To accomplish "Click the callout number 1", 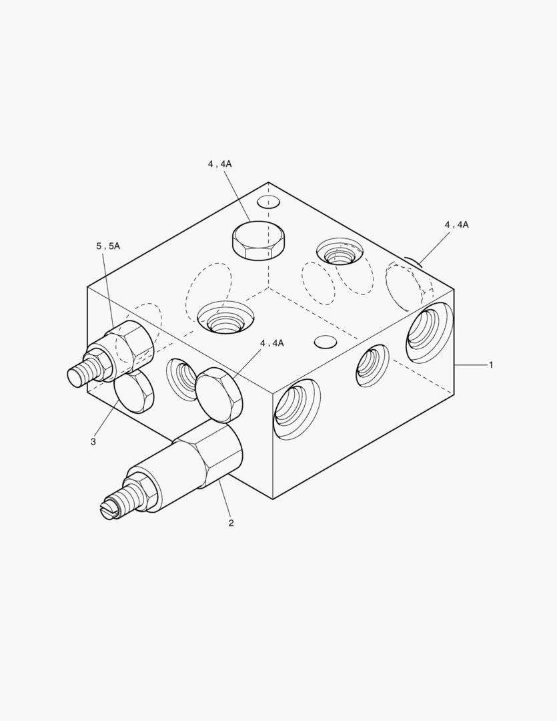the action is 491,365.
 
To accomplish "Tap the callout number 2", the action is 231,523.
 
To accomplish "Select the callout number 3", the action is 93,442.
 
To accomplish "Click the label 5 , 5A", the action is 108,246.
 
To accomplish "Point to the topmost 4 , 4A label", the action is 219,164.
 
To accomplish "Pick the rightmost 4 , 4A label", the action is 456,224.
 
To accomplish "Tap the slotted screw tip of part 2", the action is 109,511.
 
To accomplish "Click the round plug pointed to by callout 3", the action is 133,392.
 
